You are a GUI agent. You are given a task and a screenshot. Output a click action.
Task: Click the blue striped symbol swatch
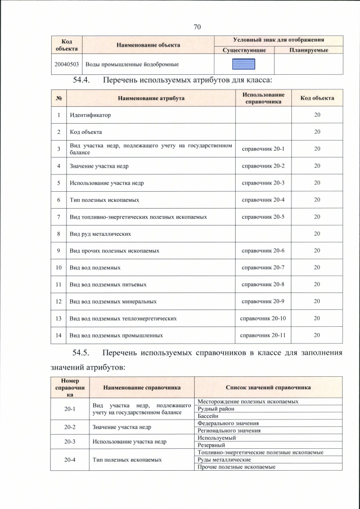(x=244, y=65)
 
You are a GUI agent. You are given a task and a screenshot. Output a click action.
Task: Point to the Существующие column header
(x=243, y=51)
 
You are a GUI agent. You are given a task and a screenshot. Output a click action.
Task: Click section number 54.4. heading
(x=83, y=80)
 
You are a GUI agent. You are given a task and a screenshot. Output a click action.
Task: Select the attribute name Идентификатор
(x=90, y=115)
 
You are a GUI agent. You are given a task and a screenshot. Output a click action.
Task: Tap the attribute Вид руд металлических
(x=100, y=233)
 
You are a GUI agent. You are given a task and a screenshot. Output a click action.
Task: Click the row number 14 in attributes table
(x=58, y=335)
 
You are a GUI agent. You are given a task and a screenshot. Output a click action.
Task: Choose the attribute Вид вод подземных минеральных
(x=112, y=301)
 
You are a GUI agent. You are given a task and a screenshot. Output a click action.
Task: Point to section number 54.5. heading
(x=83, y=353)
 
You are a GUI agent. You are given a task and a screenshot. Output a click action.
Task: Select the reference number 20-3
(x=70, y=442)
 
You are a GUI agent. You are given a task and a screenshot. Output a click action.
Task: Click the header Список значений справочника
(x=268, y=388)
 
